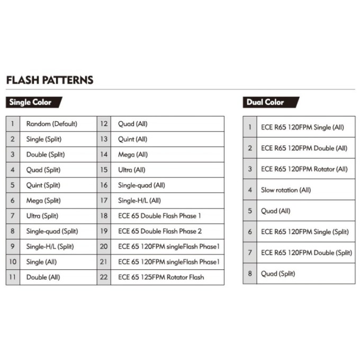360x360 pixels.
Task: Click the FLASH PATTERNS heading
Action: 50,80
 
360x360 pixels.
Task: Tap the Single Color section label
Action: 31,102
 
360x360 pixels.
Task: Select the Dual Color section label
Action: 265,102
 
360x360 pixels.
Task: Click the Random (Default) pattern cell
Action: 52,124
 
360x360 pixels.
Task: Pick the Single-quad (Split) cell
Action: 52,231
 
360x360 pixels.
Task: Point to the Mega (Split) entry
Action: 43,201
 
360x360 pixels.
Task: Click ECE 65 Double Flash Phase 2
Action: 160,231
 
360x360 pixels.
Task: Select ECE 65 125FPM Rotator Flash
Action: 161,277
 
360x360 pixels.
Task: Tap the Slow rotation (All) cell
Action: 286,190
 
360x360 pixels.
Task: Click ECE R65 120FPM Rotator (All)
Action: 304,169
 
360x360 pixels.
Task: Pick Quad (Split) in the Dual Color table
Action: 278,274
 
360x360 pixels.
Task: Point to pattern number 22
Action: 104,277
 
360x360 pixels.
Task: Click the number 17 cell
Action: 104,201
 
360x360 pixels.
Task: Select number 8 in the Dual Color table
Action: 250,274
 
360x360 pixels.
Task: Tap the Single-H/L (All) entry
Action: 139,201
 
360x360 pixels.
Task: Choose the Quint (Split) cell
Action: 43,185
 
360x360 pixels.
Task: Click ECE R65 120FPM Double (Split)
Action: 306,253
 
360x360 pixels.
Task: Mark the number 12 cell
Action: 104,124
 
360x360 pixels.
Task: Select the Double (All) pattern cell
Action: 43,277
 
